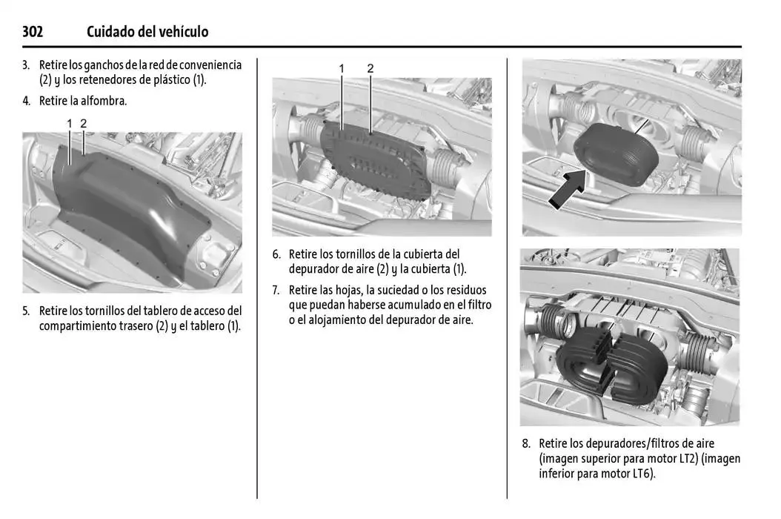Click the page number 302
click(x=33, y=31)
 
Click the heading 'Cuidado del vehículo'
click(x=147, y=31)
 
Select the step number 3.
click(x=26, y=65)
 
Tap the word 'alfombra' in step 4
click(x=104, y=101)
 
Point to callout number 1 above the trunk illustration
click(x=70, y=122)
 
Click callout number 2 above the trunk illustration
click(x=84, y=122)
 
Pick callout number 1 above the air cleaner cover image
click(x=342, y=68)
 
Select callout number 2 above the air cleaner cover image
click(x=370, y=68)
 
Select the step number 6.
click(x=276, y=254)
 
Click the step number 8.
click(x=525, y=443)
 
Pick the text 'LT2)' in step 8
click(x=684, y=459)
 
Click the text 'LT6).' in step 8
click(x=642, y=474)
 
